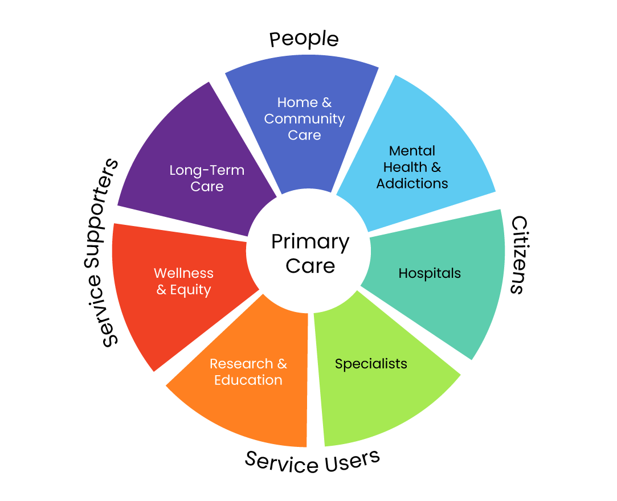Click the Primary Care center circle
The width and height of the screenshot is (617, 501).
tap(309, 253)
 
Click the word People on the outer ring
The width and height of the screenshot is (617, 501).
tap(304, 39)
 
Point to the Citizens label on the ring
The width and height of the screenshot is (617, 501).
tap(517, 254)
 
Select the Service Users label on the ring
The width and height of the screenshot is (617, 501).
tap(312, 461)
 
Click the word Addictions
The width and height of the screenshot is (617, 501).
tap(412, 183)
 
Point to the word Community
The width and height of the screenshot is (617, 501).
tap(304, 119)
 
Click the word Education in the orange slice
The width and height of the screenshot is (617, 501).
tap(248, 380)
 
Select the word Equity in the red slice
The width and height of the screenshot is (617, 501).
tap(190, 290)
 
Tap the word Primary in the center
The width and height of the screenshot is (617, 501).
tap(310, 242)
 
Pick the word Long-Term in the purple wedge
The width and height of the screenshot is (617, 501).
tap(207, 170)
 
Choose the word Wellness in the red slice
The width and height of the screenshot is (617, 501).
tap(183, 273)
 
